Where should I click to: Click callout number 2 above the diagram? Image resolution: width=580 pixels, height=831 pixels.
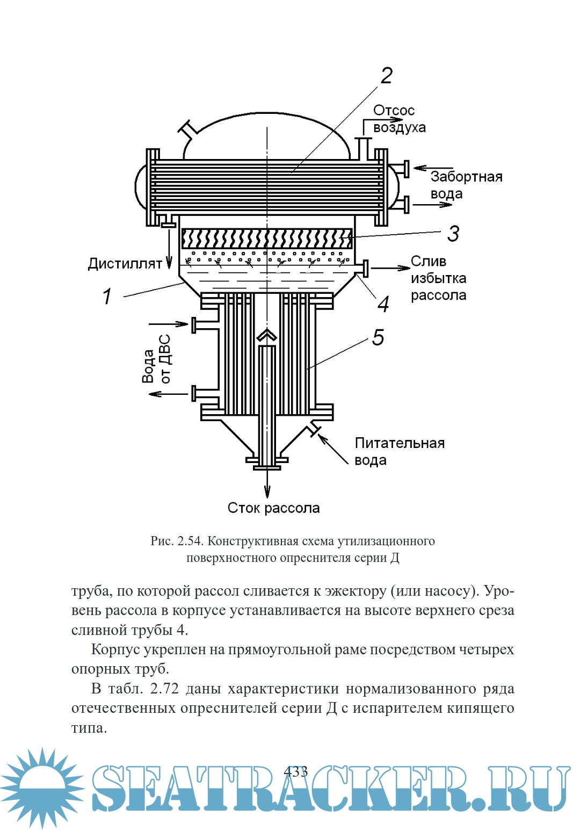tap(386, 76)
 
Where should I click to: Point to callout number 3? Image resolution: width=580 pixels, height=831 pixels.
tap(454, 234)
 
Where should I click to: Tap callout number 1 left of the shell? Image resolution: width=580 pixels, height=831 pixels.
tap(107, 296)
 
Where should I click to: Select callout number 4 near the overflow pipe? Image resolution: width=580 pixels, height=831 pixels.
tap(383, 304)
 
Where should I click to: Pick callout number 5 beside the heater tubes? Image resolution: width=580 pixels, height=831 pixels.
tap(378, 337)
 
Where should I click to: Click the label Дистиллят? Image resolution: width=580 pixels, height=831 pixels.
tap(125, 264)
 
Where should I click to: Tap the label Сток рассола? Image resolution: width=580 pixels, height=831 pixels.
tap(273, 508)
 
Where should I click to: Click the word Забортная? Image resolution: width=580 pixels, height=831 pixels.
tap(466, 177)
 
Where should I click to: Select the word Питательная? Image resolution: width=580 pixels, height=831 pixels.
tap(400, 443)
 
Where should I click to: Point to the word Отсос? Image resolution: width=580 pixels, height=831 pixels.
tap(394, 110)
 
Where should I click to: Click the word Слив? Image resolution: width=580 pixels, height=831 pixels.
tap(428, 261)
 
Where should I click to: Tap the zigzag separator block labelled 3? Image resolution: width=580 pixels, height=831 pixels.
tap(267, 239)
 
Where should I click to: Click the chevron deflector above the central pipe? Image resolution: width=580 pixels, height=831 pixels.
tap(267, 336)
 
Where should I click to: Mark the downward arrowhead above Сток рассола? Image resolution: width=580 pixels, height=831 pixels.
tap(267, 491)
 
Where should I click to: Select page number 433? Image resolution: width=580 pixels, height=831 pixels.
tap(295, 771)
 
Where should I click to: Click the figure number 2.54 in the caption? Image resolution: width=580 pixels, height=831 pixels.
tap(190, 541)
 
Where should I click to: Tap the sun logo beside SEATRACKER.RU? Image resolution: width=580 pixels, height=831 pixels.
tap(42, 787)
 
